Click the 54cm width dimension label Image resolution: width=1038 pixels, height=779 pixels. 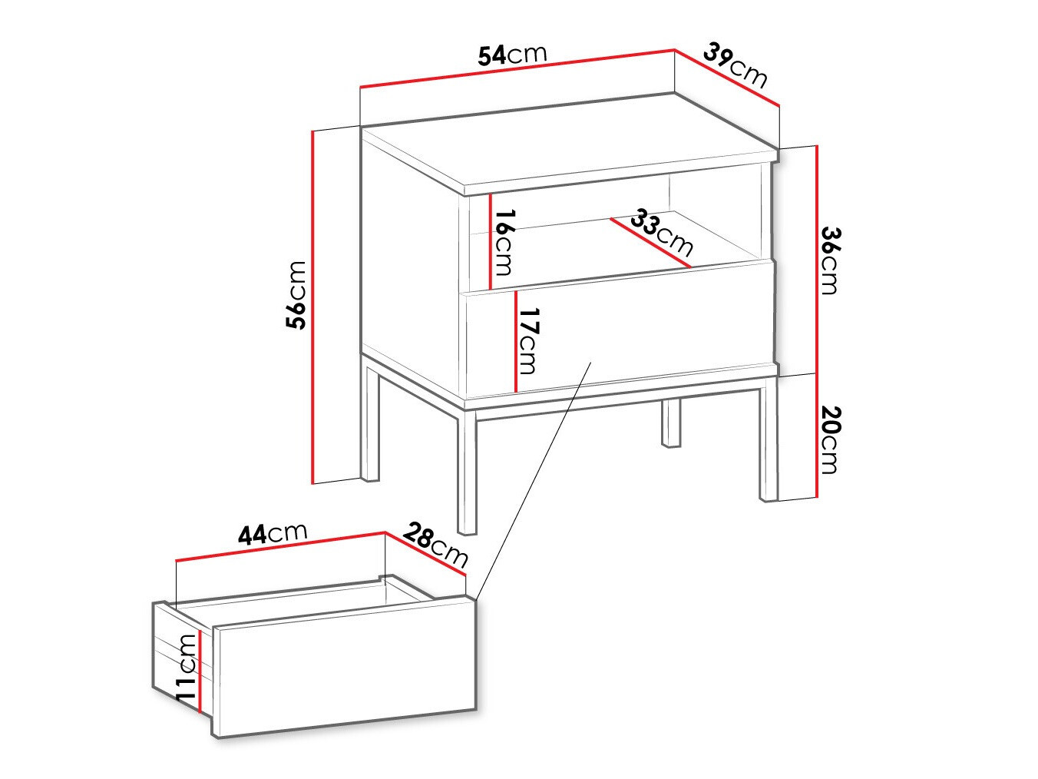512,55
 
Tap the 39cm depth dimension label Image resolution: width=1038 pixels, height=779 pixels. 736,66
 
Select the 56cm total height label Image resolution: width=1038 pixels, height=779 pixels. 296,295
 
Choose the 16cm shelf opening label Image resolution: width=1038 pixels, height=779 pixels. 504,242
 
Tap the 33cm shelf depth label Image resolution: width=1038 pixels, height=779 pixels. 661,232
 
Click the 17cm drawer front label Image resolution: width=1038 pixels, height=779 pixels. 528,340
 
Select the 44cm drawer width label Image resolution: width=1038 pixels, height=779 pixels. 272,532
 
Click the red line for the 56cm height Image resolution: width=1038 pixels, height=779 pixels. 313,307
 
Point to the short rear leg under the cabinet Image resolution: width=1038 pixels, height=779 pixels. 671,423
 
